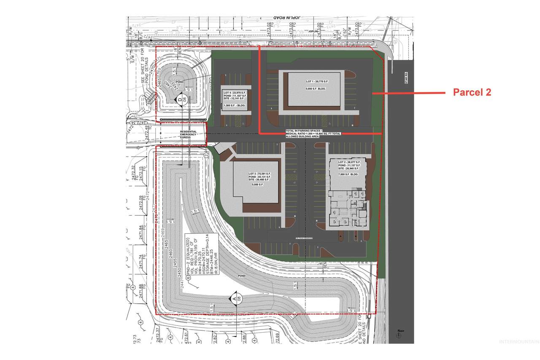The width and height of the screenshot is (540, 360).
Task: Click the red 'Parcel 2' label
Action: (472, 93)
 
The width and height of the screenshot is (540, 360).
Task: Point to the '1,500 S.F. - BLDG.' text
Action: (235, 105)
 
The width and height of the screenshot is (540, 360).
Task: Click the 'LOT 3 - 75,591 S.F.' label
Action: (259, 174)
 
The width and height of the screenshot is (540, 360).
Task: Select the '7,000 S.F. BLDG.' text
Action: (348, 174)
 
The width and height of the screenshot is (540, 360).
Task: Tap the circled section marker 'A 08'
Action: (235, 298)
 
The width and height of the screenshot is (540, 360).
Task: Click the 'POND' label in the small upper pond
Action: (180, 82)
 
